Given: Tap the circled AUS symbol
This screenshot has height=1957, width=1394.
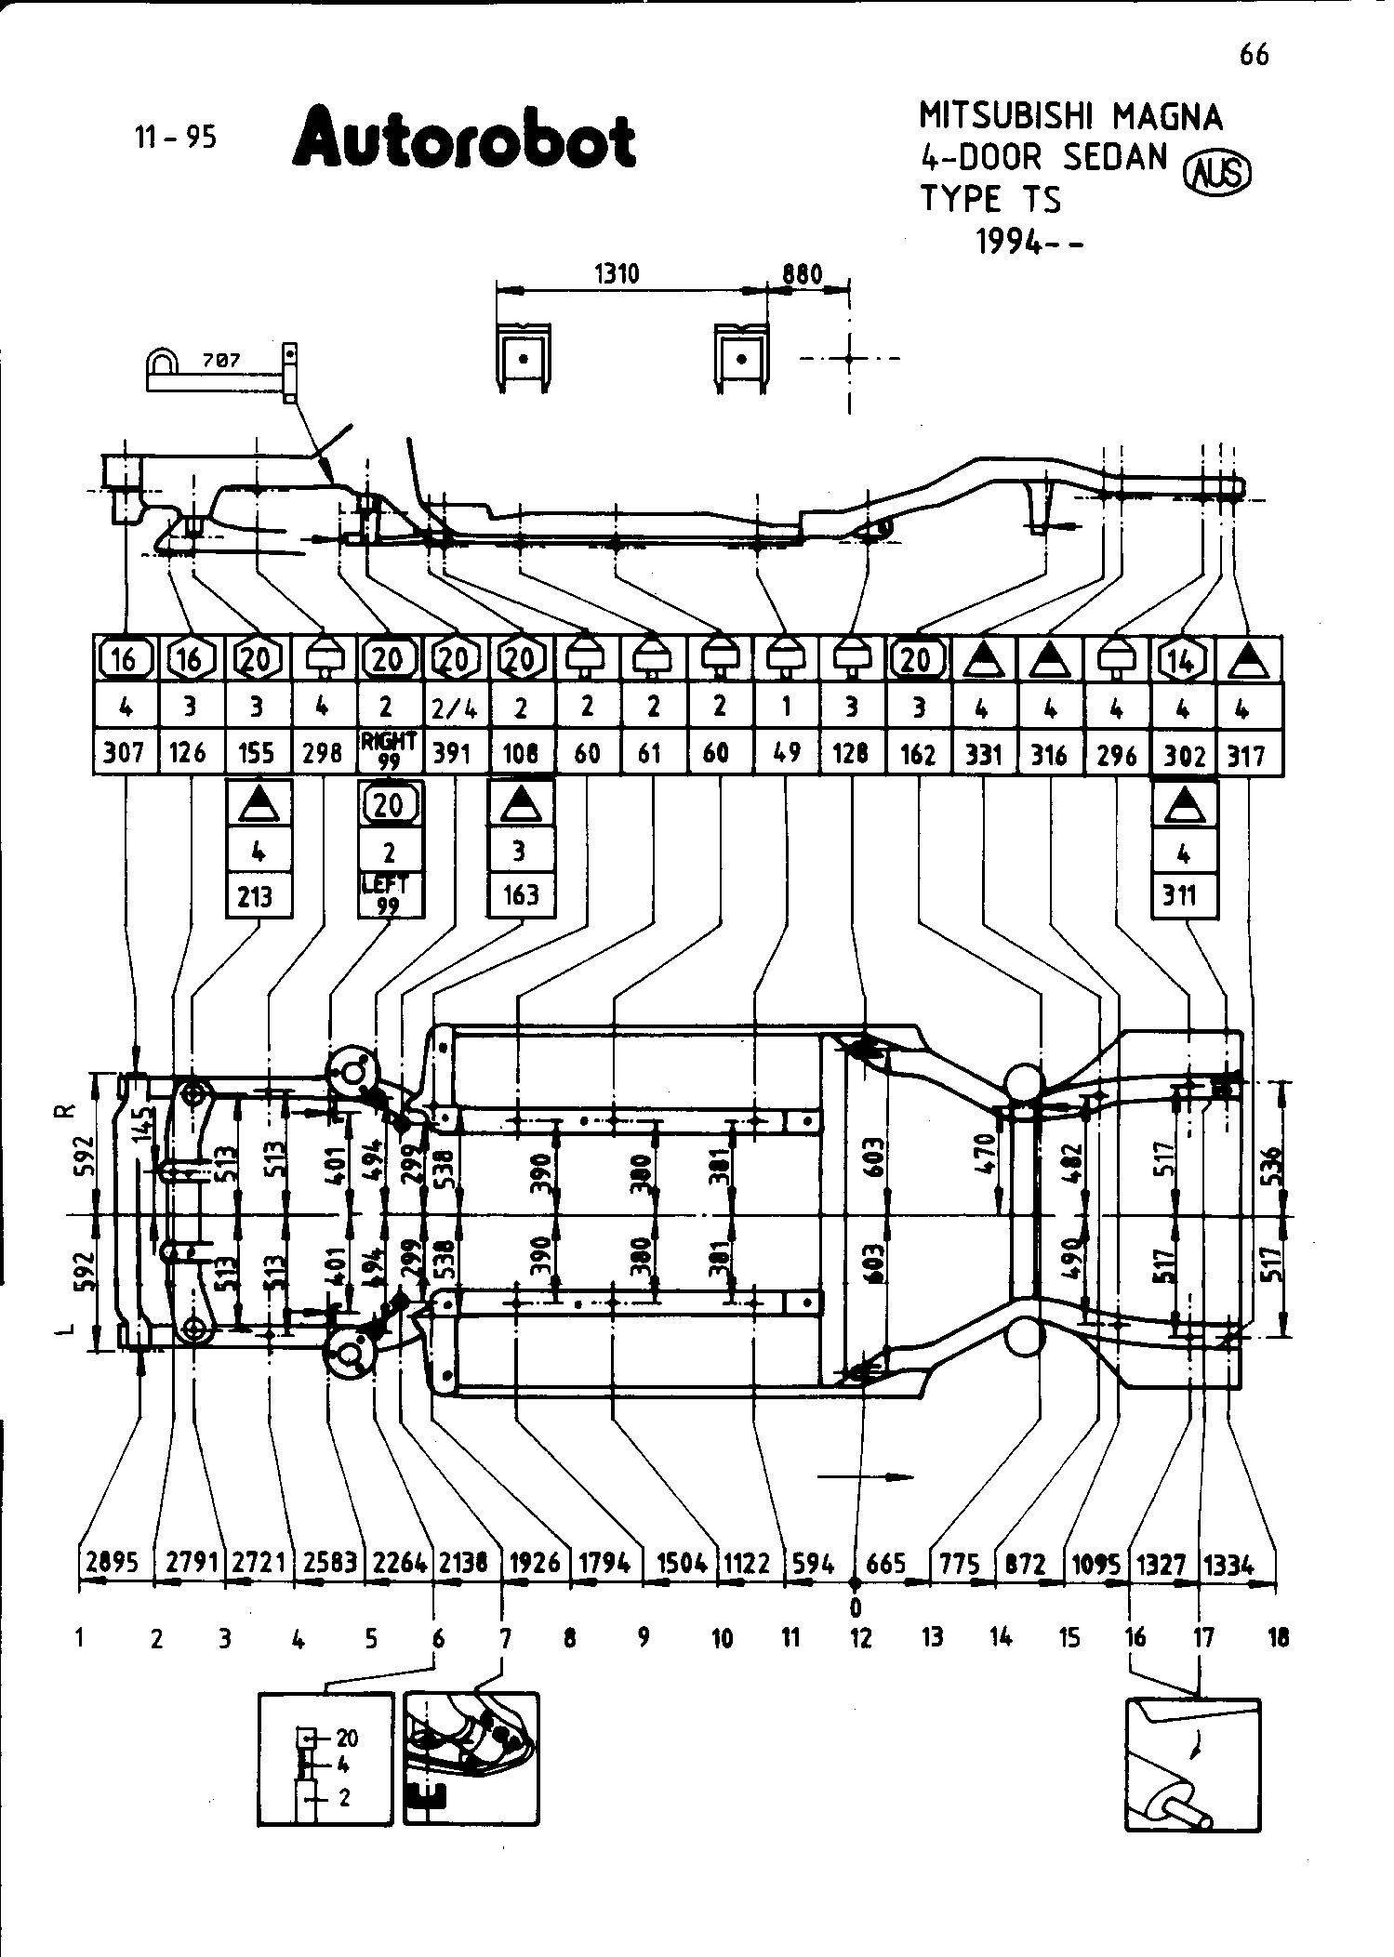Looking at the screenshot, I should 1215,174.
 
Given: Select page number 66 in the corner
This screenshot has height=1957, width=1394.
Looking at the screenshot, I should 1254,56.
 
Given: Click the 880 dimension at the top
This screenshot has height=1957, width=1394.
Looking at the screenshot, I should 802,274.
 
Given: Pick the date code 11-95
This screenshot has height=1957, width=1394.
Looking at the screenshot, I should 176,138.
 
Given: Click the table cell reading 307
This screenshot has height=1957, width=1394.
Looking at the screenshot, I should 124,752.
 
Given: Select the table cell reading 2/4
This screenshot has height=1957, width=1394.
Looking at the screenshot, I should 455,708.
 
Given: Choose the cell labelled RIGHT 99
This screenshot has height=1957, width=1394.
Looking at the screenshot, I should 389,750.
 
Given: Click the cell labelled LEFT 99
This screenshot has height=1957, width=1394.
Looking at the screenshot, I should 389,894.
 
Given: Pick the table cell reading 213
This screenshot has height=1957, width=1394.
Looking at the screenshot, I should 256,896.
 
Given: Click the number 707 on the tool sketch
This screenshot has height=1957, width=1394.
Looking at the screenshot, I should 221,360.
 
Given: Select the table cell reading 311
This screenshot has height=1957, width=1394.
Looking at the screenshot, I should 1183,896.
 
